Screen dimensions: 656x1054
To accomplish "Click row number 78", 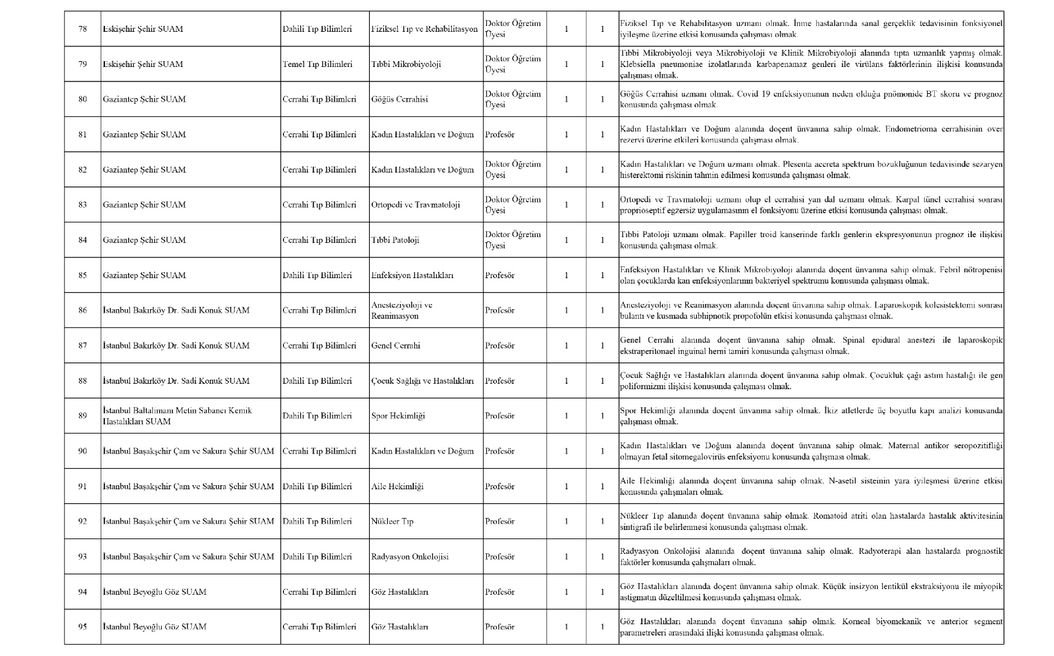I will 82,29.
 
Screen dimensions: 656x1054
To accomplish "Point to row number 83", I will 82,205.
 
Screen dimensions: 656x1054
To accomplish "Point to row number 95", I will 82,627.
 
